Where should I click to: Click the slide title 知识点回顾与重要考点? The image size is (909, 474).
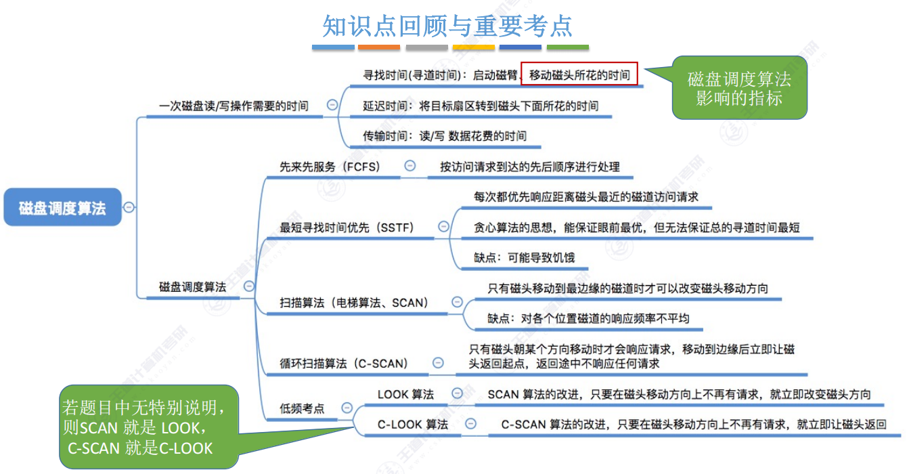[447, 26]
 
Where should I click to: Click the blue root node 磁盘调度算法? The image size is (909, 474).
[62, 208]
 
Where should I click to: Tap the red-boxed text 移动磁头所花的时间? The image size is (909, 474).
[579, 74]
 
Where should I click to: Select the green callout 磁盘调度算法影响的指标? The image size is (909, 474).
[739, 88]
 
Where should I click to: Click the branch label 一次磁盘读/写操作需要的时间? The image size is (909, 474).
[234, 106]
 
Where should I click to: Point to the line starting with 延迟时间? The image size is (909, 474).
[480, 106]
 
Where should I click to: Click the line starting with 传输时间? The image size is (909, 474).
[444, 135]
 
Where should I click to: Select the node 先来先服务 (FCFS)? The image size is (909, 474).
[330, 167]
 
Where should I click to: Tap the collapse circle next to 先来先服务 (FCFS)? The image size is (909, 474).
[409, 166]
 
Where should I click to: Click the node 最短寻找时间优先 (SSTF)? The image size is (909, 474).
[347, 227]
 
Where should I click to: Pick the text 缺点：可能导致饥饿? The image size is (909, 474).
[525, 257]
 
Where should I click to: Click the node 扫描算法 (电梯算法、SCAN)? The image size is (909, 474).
[354, 303]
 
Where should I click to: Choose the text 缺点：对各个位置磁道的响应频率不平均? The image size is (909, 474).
[588, 318]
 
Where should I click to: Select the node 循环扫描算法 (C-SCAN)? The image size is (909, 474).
[344, 364]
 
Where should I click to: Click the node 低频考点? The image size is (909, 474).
[302, 408]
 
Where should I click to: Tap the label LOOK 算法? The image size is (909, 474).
[405, 394]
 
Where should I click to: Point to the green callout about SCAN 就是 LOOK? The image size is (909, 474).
[149, 427]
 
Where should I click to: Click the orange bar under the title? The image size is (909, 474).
[379, 47]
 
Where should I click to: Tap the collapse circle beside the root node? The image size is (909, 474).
[129, 208]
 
